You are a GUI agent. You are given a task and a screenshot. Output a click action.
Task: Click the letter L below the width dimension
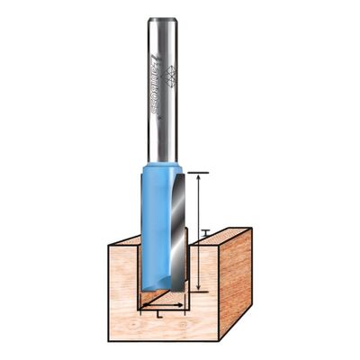(159, 315)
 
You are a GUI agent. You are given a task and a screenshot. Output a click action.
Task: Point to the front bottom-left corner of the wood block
(109, 341)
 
